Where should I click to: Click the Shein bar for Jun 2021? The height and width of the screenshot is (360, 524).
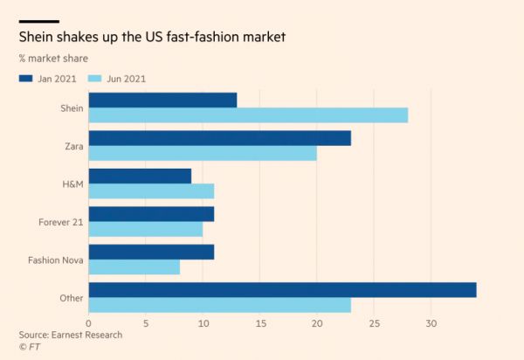point(248,115)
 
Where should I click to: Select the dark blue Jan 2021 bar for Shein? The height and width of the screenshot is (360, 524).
point(162,100)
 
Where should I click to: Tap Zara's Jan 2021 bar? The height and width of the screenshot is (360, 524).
point(220,137)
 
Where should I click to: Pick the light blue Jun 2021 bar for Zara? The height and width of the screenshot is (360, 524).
point(203,153)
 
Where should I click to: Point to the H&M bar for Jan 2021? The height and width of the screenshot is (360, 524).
point(140,176)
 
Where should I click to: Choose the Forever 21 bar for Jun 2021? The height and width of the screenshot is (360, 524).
point(146,229)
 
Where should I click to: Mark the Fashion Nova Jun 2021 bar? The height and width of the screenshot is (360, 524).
point(134,267)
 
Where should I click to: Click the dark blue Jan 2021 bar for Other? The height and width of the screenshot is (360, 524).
point(282,289)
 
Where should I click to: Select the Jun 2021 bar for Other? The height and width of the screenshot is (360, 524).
point(220,305)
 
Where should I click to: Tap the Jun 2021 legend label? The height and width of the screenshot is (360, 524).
point(127,79)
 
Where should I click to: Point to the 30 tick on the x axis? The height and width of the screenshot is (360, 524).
point(431,324)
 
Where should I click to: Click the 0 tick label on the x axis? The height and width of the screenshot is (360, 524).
point(89,324)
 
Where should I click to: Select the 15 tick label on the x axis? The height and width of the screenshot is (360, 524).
point(259,324)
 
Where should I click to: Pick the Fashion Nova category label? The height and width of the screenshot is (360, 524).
point(55,260)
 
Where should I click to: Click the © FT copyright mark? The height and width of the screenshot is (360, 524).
point(30,347)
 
